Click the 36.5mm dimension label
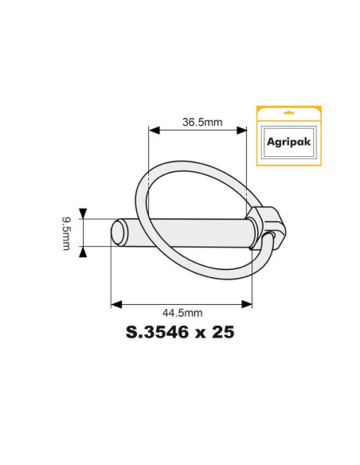pyautogui.click(x=202, y=122)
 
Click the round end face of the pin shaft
pyautogui.click(x=119, y=232)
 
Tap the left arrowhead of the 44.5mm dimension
pyautogui.click(x=115, y=304)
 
